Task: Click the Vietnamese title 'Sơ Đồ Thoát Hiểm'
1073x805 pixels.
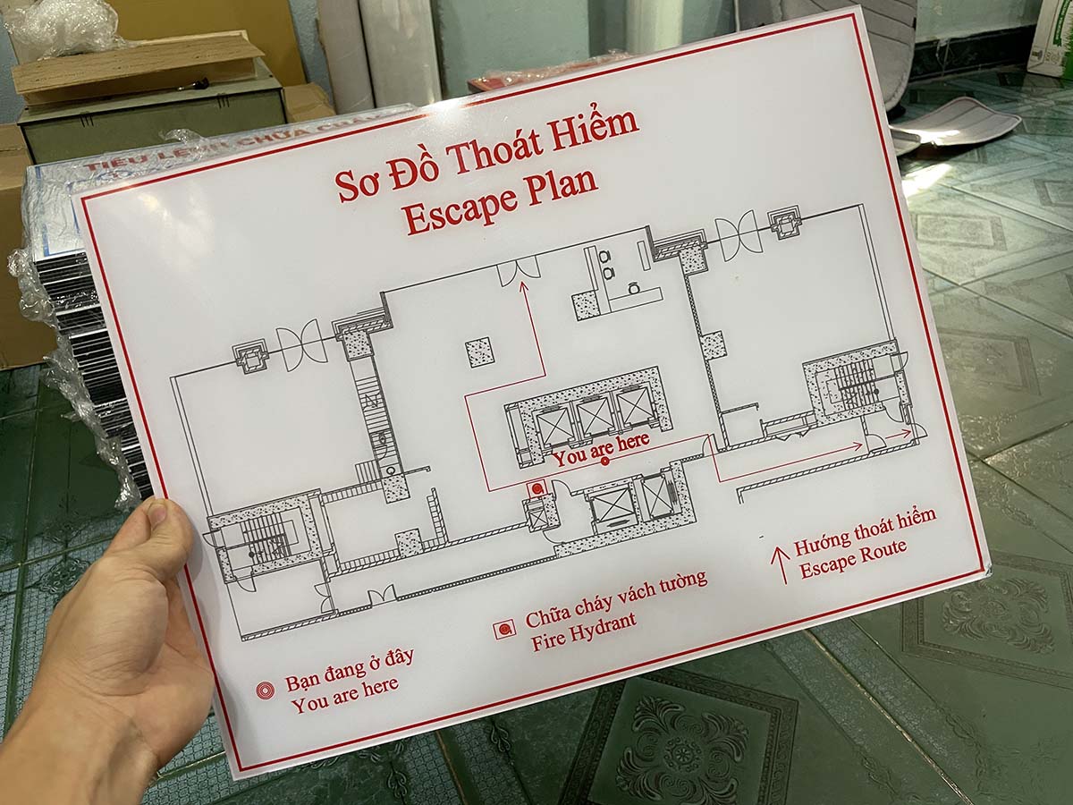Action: coord(486,151)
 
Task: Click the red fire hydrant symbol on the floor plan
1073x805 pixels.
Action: coord(536,489)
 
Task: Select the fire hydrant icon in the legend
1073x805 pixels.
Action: coord(505,629)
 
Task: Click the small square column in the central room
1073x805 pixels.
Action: coord(480,352)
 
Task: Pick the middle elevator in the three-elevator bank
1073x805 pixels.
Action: coord(594,416)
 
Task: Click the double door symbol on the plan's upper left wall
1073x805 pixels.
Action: coord(299,347)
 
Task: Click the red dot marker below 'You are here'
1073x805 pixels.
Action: coord(604,462)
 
